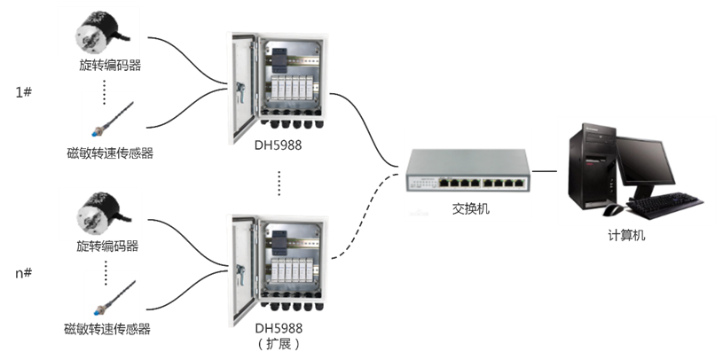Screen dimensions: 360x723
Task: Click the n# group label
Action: click(25, 272)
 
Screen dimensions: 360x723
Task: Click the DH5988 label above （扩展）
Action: click(278, 327)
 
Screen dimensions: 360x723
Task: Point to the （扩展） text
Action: click(278, 343)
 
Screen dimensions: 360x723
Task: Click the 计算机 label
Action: click(626, 234)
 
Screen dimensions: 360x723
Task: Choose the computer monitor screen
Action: click(654, 160)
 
